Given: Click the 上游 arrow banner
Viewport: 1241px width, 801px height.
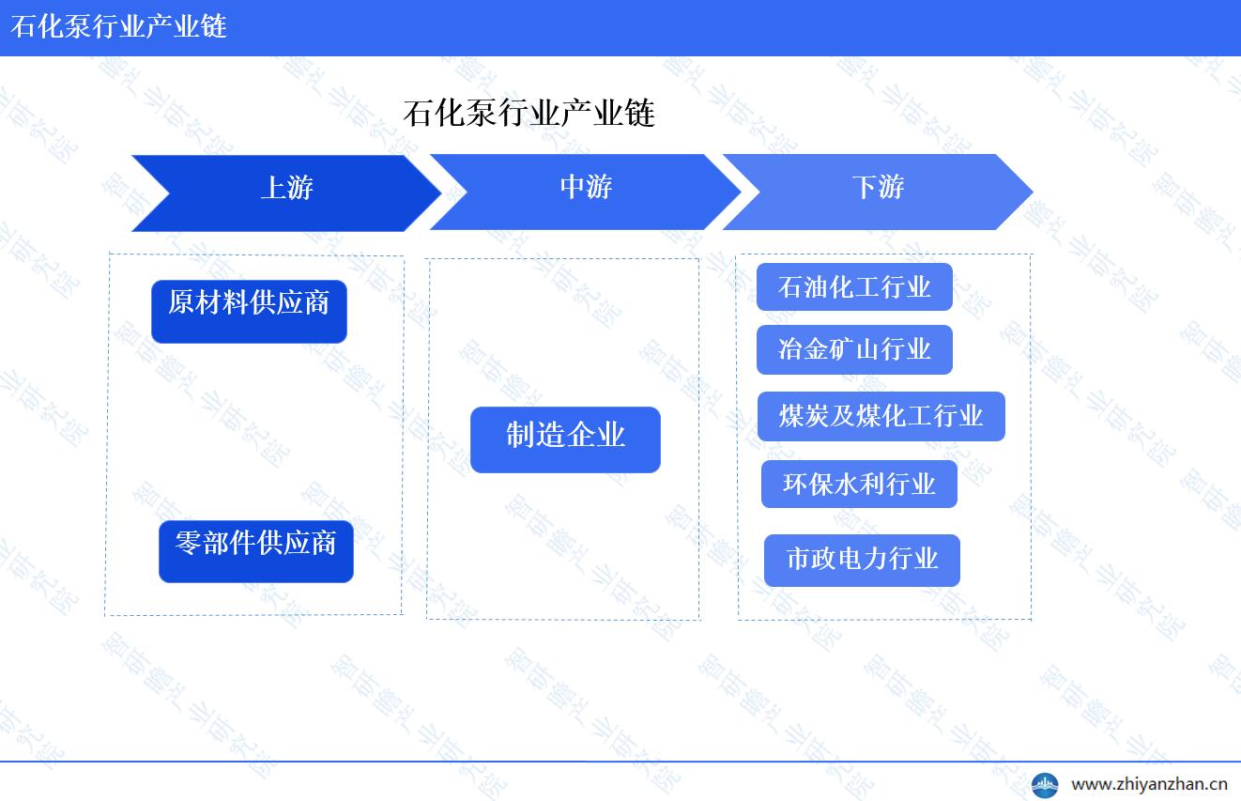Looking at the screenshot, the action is pyautogui.click(x=286, y=193).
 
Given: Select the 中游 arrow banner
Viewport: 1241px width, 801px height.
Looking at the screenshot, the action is pyautogui.click(x=586, y=192).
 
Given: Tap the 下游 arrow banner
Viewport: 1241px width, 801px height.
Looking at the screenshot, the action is pyautogui.click(x=878, y=192).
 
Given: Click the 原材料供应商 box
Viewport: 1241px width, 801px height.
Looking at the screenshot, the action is pyautogui.click(x=250, y=312).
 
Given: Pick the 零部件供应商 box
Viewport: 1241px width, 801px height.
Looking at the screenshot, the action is pyautogui.click(x=256, y=551).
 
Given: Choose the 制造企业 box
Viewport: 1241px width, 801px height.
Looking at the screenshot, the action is pyautogui.click(x=565, y=439).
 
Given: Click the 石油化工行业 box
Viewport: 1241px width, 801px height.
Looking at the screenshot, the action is pyautogui.click(x=854, y=286).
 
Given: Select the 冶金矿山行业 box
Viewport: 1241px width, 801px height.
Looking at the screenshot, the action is pyautogui.click(x=854, y=349).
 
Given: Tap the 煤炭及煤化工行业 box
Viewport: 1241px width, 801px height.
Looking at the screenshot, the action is pyautogui.click(x=881, y=416).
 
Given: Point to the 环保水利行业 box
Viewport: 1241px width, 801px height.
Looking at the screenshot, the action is pyautogui.click(x=859, y=484).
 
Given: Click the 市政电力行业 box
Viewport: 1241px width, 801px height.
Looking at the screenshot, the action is pyautogui.click(x=862, y=560).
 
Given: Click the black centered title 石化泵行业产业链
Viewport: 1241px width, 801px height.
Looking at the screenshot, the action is pyautogui.click(x=529, y=113).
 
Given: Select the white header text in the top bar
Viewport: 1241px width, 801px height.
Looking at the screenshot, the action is pyautogui.click(x=118, y=26).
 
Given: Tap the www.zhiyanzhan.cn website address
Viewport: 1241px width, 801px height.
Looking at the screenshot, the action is pyautogui.click(x=1149, y=784).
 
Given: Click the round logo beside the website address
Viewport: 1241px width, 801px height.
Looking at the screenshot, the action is pyautogui.click(x=1045, y=785).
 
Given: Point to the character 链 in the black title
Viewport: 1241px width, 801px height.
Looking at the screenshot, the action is pyautogui.click(x=640, y=113).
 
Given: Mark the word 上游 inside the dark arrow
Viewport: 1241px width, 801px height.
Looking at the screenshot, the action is pyautogui.click(x=287, y=188).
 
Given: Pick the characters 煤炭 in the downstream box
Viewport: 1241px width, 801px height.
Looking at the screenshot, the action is pyautogui.click(x=804, y=416).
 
